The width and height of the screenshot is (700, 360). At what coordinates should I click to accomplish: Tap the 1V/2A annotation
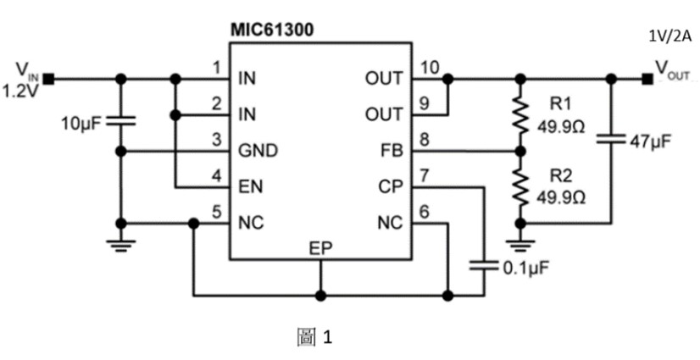click(669, 35)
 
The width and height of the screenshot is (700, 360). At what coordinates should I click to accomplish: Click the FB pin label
click(392, 151)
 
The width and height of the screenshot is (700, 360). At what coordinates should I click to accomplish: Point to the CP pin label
click(392, 187)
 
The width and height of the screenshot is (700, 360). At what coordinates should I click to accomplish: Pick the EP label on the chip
click(320, 248)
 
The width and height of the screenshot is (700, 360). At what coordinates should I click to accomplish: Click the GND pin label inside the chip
click(258, 151)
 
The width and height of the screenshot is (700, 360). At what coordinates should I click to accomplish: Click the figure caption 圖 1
click(314, 338)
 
